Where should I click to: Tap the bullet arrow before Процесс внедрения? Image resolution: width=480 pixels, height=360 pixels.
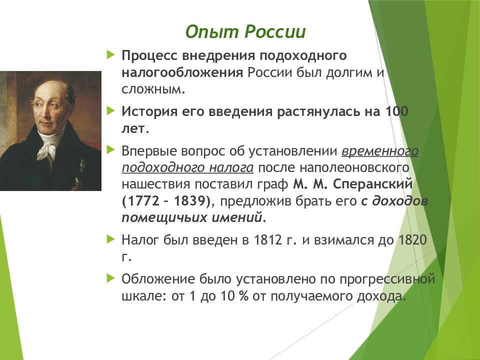pos(110,55)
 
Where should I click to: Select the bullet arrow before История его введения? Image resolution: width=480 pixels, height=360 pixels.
pos(110,111)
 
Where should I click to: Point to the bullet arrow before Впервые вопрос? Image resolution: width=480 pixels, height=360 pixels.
pos(110,150)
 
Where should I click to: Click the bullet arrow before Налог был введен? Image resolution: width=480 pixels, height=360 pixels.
pos(110,239)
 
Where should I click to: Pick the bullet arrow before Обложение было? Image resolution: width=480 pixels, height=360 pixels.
pos(110,278)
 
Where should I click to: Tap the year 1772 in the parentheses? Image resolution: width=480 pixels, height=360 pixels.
pos(143,201)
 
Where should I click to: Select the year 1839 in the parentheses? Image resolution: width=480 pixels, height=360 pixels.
pos(190,201)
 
